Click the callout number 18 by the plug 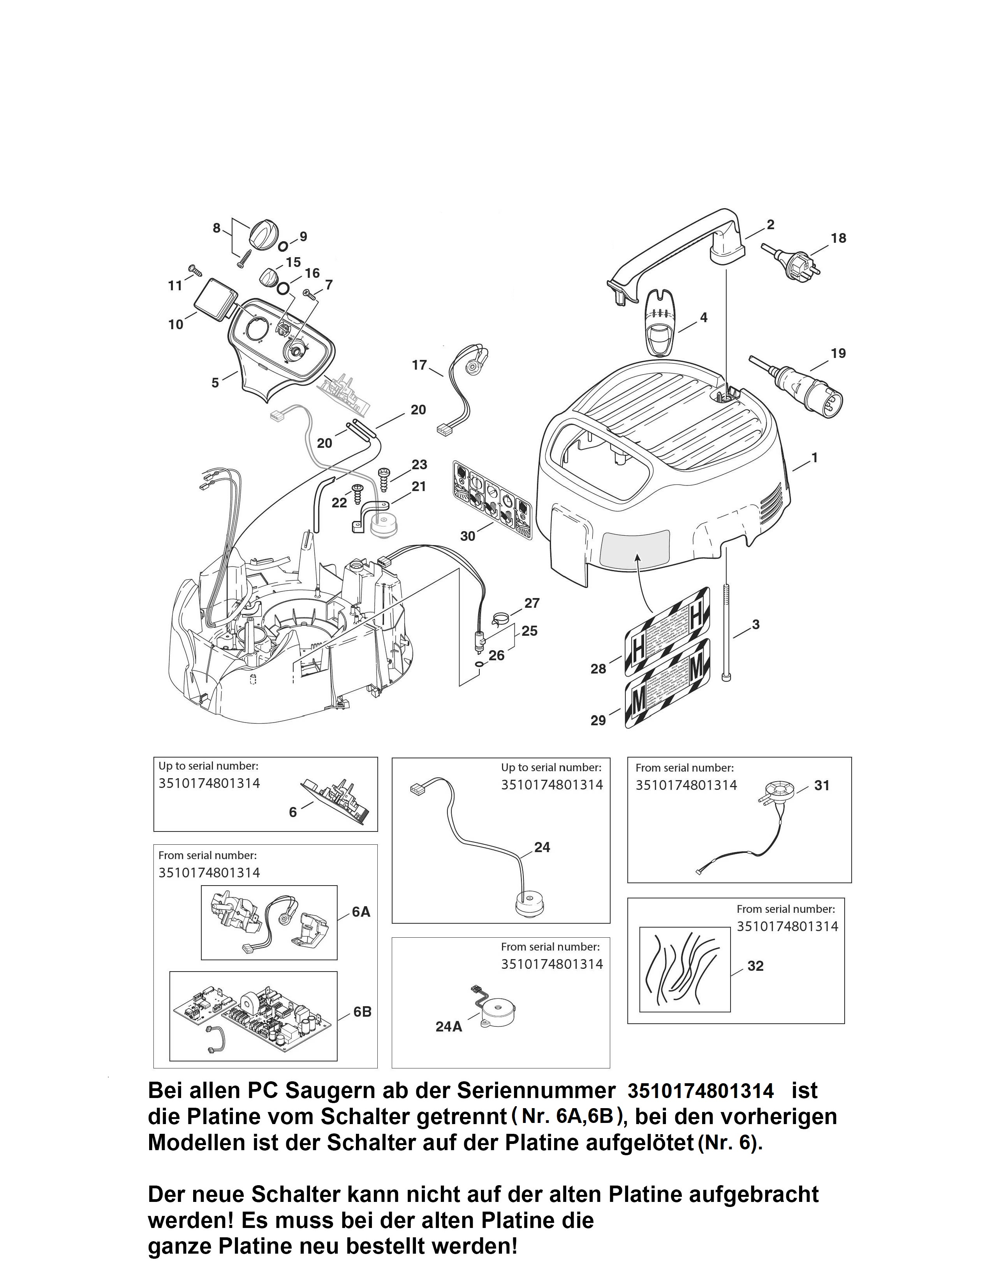838,238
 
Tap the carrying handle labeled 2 676,250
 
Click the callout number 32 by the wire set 755,966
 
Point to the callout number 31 821,786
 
